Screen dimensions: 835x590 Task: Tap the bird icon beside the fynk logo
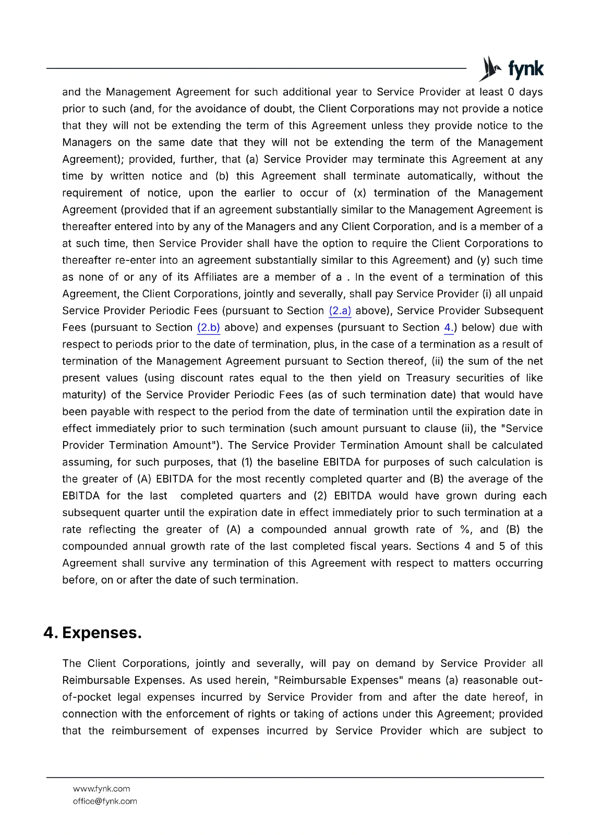tap(490, 68)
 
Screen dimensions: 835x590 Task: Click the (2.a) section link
tap(340, 311)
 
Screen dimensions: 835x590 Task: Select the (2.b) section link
tap(209, 328)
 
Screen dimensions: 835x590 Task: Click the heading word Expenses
tap(102, 633)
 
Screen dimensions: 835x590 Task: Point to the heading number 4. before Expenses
tap(51, 633)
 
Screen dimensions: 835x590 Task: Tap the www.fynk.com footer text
tap(101, 789)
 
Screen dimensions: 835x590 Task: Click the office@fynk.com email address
tap(105, 801)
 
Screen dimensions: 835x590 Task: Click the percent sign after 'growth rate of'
tap(465, 530)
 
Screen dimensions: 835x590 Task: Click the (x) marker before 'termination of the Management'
tap(359, 193)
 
